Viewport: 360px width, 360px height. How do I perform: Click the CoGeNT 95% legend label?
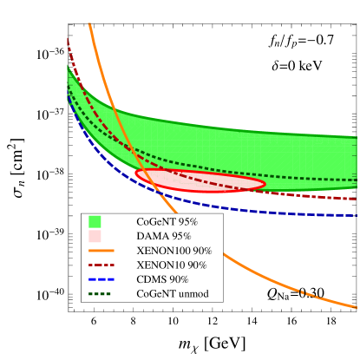[167, 222]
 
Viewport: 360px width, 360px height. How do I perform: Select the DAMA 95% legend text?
[163, 236]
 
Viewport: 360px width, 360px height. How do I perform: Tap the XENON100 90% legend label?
[173, 251]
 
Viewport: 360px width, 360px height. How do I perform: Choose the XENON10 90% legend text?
[171, 265]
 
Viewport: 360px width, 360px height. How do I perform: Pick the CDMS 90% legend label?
[162, 279]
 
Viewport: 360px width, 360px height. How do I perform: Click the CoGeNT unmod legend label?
[172, 294]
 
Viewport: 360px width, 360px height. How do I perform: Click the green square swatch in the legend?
[95, 222]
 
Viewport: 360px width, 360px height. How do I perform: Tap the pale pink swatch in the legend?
[95, 236]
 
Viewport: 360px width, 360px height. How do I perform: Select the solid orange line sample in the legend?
[101, 251]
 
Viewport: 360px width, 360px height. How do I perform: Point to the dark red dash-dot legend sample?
[101, 265]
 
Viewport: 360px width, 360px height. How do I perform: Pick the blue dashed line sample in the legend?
[101, 279]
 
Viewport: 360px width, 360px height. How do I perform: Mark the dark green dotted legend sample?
[101, 294]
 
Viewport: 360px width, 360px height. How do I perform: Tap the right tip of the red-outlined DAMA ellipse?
[265, 183]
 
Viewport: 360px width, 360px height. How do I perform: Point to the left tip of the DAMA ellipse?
[135, 174]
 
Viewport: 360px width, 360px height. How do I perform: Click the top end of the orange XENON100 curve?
[89, 23]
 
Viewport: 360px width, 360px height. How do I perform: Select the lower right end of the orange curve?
[357, 307]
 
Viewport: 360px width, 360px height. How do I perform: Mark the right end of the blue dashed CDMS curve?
[357, 214]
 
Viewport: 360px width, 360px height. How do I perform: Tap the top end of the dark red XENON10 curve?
[67, 36]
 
